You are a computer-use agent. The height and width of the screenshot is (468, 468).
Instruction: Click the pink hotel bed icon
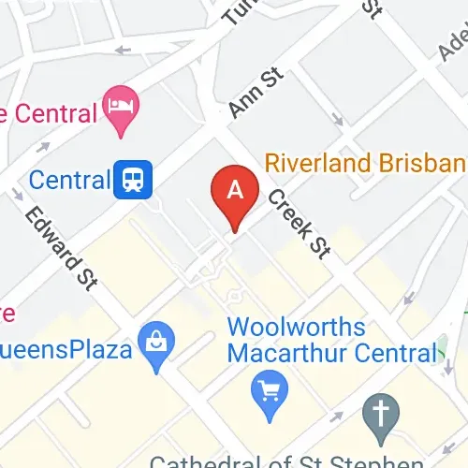(122, 101)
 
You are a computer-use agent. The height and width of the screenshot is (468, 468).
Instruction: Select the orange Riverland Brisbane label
(365, 163)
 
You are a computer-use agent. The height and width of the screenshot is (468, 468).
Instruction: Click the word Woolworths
(297, 329)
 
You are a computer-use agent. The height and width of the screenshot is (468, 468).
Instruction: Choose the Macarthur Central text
(332, 354)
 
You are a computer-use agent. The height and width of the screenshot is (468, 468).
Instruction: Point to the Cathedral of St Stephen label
(285, 461)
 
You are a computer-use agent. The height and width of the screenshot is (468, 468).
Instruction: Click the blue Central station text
(68, 179)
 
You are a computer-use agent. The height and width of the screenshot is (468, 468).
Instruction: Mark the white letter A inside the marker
(236, 188)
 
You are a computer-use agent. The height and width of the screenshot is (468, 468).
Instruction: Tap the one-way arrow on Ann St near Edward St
(43, 146)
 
